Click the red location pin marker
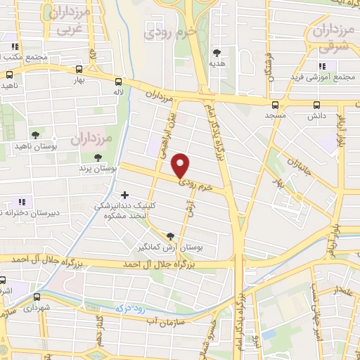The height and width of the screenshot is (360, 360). coord(181,165)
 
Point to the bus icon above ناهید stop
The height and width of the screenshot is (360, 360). coord(10,75)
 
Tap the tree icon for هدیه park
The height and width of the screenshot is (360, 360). coord(217,53)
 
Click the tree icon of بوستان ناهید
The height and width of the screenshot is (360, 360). coord(36,135)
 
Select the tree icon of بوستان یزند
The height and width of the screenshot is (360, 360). coord(98,157)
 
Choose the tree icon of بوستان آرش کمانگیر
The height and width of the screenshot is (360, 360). coord(170,236)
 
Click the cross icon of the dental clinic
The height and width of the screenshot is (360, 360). coord(125,195)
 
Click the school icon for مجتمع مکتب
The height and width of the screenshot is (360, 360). coord(13,46)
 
